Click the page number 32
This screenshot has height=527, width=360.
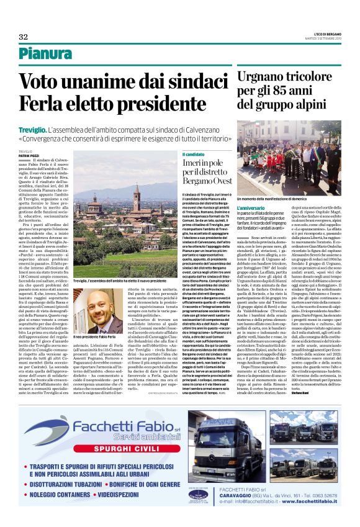[x=24, y=37]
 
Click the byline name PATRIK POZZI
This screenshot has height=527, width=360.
[x=29, y=155]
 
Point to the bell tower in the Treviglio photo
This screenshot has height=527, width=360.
[x=136, y=197]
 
